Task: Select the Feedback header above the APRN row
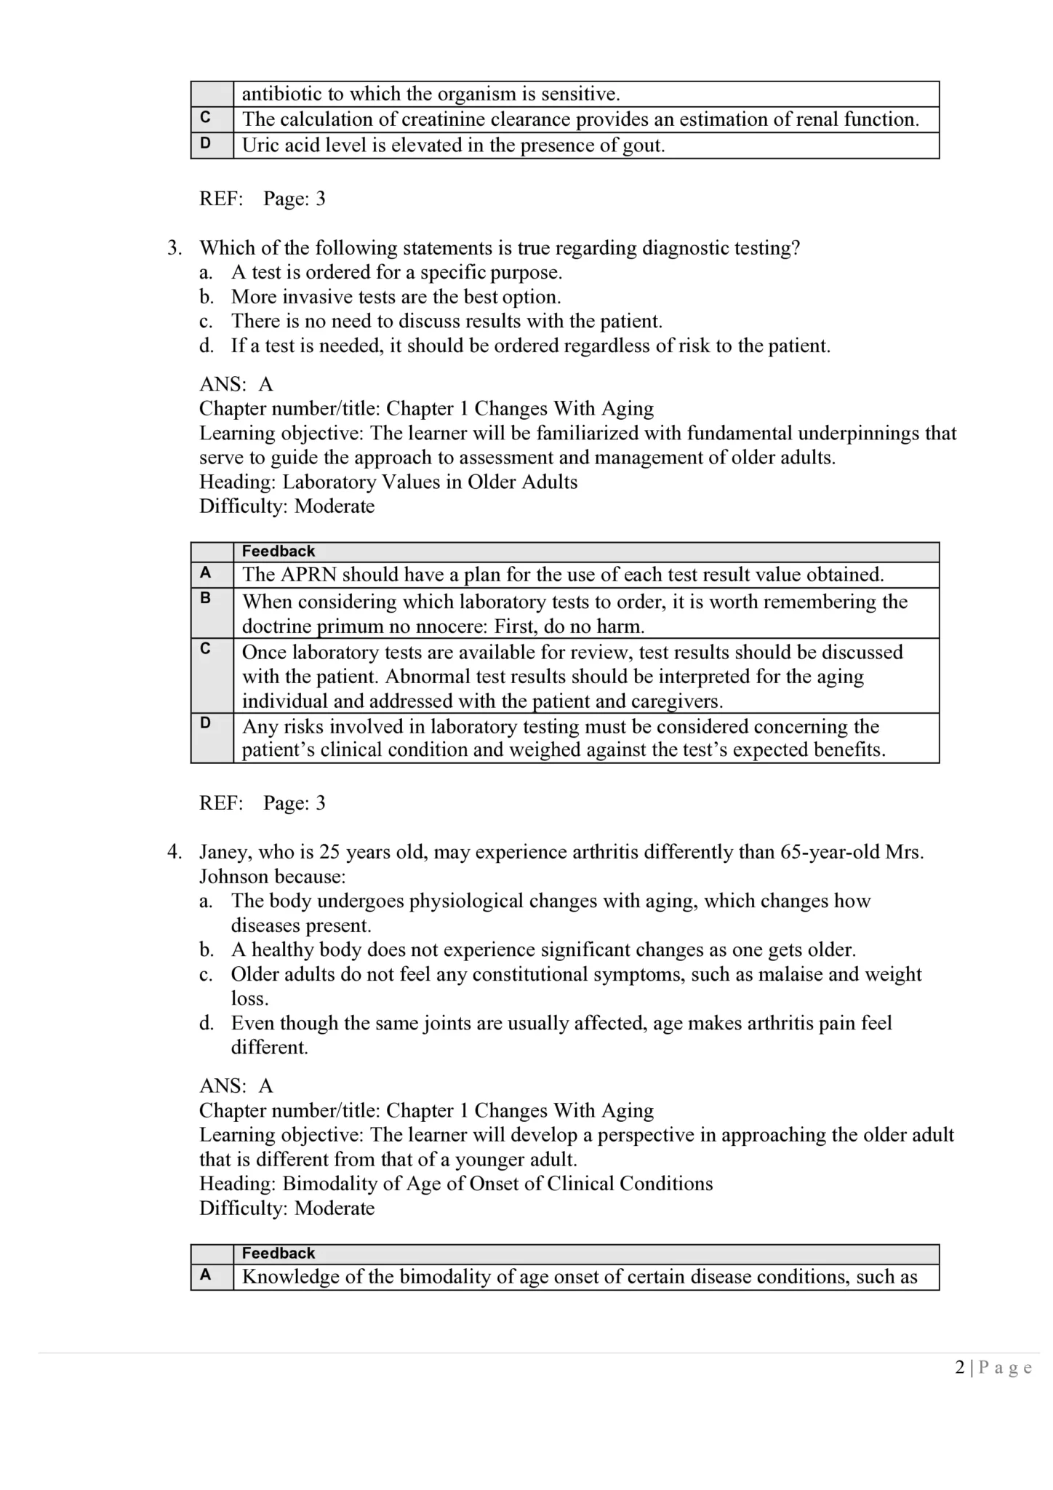pos(278,551)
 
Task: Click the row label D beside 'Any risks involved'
pos(206,723)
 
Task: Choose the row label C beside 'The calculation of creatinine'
pos(206,118)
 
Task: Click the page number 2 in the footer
pos(960,1368)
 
